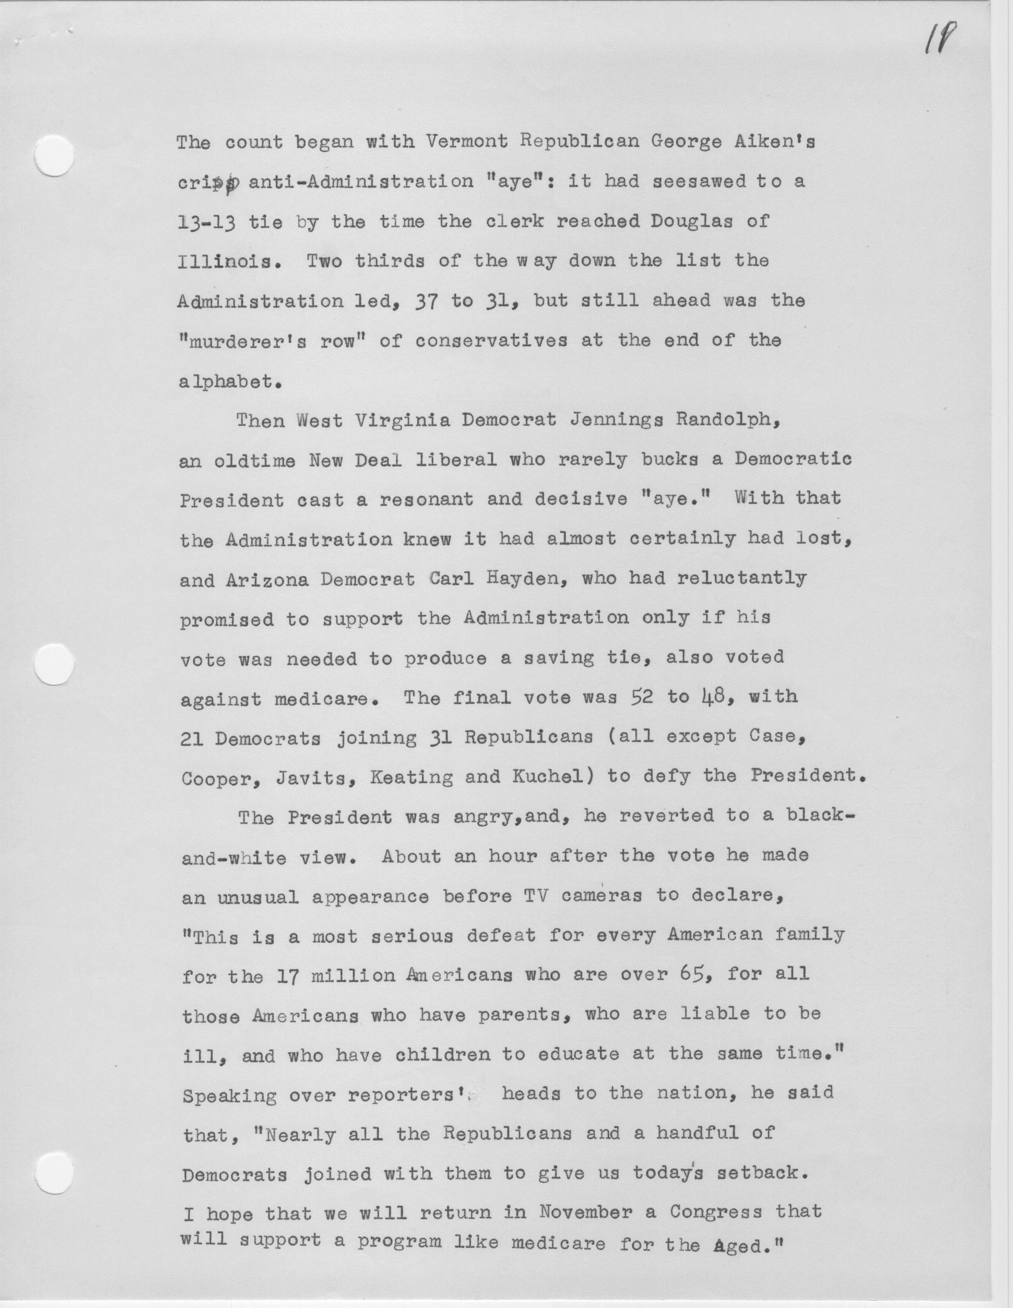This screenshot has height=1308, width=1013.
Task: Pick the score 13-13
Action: (206, 222)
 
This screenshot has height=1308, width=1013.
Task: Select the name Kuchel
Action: (545, 777)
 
